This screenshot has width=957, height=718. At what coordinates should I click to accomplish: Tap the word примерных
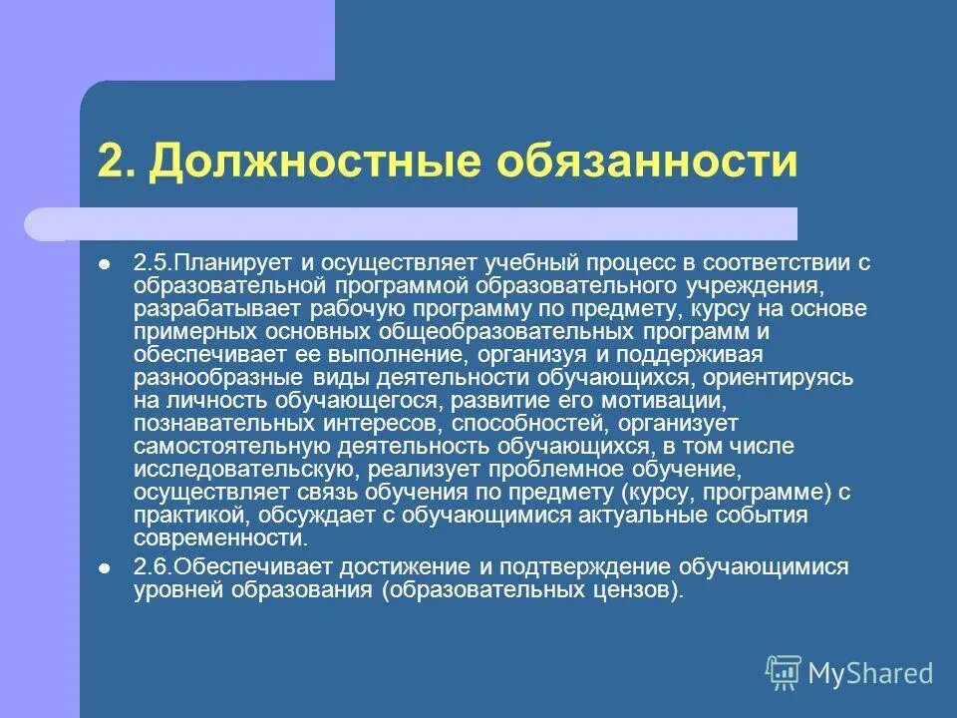point(185,332)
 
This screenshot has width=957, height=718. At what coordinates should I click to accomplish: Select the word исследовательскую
point(238,470)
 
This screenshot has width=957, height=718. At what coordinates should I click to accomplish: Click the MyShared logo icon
point(784,672)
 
